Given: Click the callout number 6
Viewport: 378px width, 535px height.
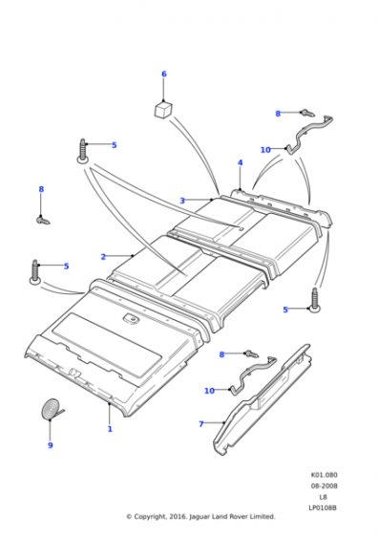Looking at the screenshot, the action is pos(164,75).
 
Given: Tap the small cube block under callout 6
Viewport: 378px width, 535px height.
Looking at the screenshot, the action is pos(162,109).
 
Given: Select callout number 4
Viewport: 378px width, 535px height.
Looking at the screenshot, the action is pos(240,162).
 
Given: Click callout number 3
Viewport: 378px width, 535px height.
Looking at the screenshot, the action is pos(182,201).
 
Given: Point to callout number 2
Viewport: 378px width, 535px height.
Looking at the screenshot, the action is pos(103,257).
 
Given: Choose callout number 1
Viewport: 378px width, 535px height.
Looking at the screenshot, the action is pos(110,429).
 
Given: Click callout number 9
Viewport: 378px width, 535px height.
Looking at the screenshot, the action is pos(51,445).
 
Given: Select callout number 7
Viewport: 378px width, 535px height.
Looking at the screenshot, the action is pos(201,424).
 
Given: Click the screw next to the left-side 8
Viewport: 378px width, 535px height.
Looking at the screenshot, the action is pos(43,220).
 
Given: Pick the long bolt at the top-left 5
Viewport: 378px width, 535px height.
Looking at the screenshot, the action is pos(83,151).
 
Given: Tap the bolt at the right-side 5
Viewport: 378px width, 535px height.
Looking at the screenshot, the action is pos(315,300).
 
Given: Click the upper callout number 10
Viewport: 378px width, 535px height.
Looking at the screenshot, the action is pos(265,150).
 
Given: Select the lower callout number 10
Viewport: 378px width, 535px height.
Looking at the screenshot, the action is pos(209,391).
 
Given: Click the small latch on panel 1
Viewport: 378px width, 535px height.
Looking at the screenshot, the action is pos(130,318).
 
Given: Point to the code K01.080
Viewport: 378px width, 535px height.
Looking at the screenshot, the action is pos(324,475).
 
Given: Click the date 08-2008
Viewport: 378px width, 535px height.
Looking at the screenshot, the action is pos(324,485).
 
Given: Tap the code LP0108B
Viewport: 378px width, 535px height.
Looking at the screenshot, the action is pos(323,507).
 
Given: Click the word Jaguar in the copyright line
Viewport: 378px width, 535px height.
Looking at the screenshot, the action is pos(199,517).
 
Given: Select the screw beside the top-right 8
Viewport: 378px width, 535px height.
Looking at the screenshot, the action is pos(307,113).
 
